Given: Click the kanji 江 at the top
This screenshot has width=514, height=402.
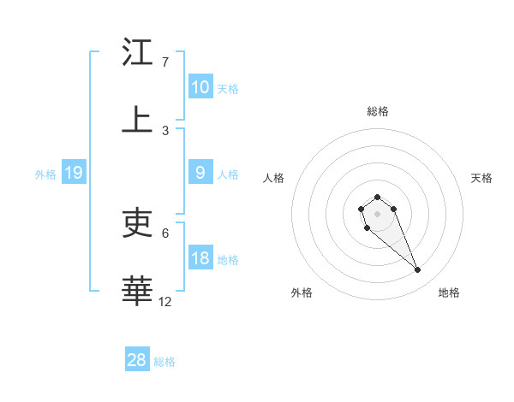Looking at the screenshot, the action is click(x=137, y=53).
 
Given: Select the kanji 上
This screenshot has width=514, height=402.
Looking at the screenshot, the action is click(x=137, y=121).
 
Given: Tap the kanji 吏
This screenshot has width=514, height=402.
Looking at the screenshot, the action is click(x=137, y=223).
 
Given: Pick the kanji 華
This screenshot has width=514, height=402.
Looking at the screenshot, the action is click(x=137, y=291).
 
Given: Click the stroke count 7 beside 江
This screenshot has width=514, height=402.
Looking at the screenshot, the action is click(x=164, y=62).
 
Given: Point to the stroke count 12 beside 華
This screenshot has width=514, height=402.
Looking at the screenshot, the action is click(x=165, y=301).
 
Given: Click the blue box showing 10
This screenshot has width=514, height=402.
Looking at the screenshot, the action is click(x=200, y=87).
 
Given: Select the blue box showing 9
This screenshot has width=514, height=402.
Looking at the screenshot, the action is click(x=200, y=173).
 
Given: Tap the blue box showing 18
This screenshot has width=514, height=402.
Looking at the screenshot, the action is click(x=200, y=258).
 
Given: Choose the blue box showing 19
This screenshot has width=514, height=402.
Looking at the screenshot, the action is click(x=74, y=173).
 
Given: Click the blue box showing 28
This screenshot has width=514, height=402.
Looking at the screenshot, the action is click(x=137, y=360).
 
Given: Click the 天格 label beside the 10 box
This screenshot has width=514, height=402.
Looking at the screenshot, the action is click(x=228, y=88).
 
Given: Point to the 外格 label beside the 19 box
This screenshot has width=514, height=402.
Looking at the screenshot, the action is click(x=45, y=174).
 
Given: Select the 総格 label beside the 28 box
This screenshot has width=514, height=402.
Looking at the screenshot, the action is click(x=164, y=361).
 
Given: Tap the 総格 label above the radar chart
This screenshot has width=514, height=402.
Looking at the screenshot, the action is click(x=378, y=111).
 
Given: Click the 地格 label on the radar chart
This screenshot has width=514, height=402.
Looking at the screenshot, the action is click(x=449, y=293).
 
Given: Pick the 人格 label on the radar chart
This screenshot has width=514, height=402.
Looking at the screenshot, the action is click(x=274, y=178).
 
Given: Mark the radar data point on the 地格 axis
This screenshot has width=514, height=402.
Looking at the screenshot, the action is click(x=418, y=270).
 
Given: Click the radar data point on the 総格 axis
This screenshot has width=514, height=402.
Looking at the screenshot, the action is click(x=378, y=197).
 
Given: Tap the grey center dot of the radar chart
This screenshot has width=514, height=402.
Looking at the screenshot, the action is click(x=378, y=213).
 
